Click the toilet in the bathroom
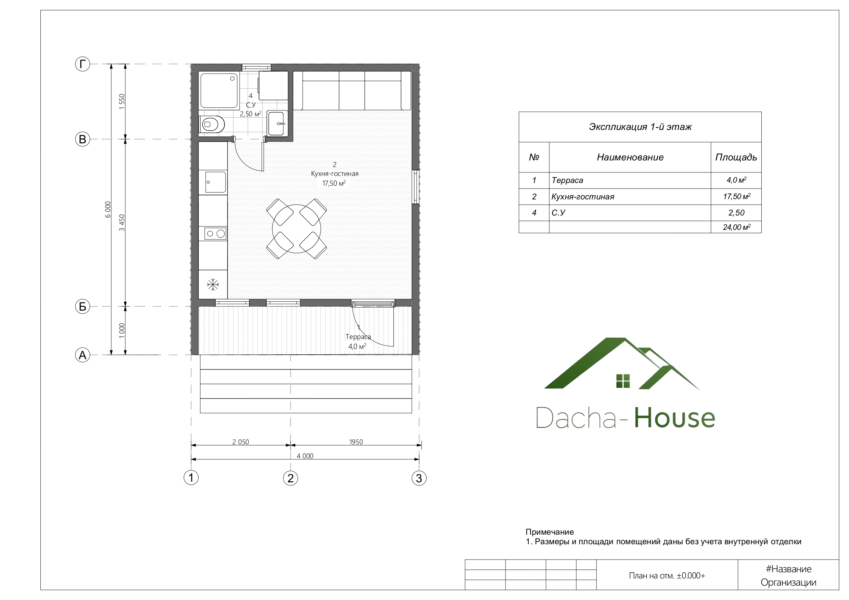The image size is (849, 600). [212, 125]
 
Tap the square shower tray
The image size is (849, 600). [219, 90]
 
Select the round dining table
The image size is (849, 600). [297, 229]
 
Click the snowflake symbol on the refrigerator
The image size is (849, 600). [213, 285]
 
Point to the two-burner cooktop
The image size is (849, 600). [215, 234]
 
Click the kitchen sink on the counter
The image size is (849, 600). [216, 182]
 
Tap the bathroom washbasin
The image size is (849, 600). [277, 123]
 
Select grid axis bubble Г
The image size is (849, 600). [82, 64]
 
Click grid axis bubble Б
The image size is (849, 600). [82, 306]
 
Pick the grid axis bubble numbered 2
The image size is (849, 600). [290, 478]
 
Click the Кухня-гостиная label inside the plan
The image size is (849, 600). [335, 173]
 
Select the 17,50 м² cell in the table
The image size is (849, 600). [737, 196]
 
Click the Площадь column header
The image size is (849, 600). [736, 157]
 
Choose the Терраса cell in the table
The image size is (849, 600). [567, 180]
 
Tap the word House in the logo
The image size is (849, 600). [674, 418]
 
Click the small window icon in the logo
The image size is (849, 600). [623, 381]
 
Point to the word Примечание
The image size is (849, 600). [550, 532]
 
